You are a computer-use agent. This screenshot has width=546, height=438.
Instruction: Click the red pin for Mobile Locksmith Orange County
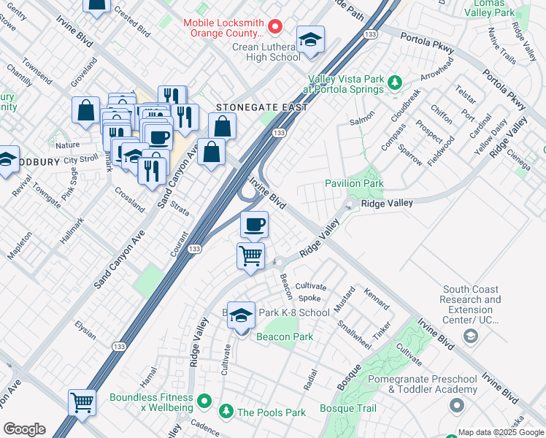pos(275,27)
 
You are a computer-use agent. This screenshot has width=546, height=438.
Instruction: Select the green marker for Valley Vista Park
pos(395,83)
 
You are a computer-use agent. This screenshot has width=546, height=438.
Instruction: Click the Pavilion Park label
pos(354,183)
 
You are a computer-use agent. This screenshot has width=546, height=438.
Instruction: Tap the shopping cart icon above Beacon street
pos(250,256)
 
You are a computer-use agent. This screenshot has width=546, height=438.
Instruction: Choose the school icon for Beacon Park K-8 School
pos(242,316)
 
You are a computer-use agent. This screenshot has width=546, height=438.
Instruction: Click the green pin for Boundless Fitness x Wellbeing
pos(205,401)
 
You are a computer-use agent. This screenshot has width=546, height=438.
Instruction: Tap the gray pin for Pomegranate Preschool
pos(458,404)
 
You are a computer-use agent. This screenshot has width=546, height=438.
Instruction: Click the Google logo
pos(24,429)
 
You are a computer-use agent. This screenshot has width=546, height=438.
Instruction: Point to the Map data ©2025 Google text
pos(500,432)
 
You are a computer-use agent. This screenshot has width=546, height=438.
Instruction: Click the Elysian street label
pos(85,331)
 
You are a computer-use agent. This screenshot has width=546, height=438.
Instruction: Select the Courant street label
pos(179,245)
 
